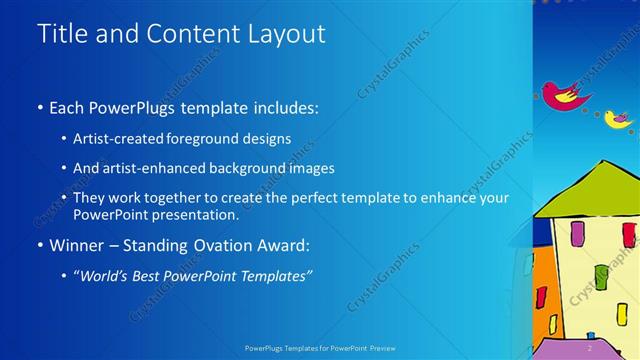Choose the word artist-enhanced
(x=153, y=168)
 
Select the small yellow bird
(x=618, y=119)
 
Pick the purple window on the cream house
(x=578, y=234)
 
